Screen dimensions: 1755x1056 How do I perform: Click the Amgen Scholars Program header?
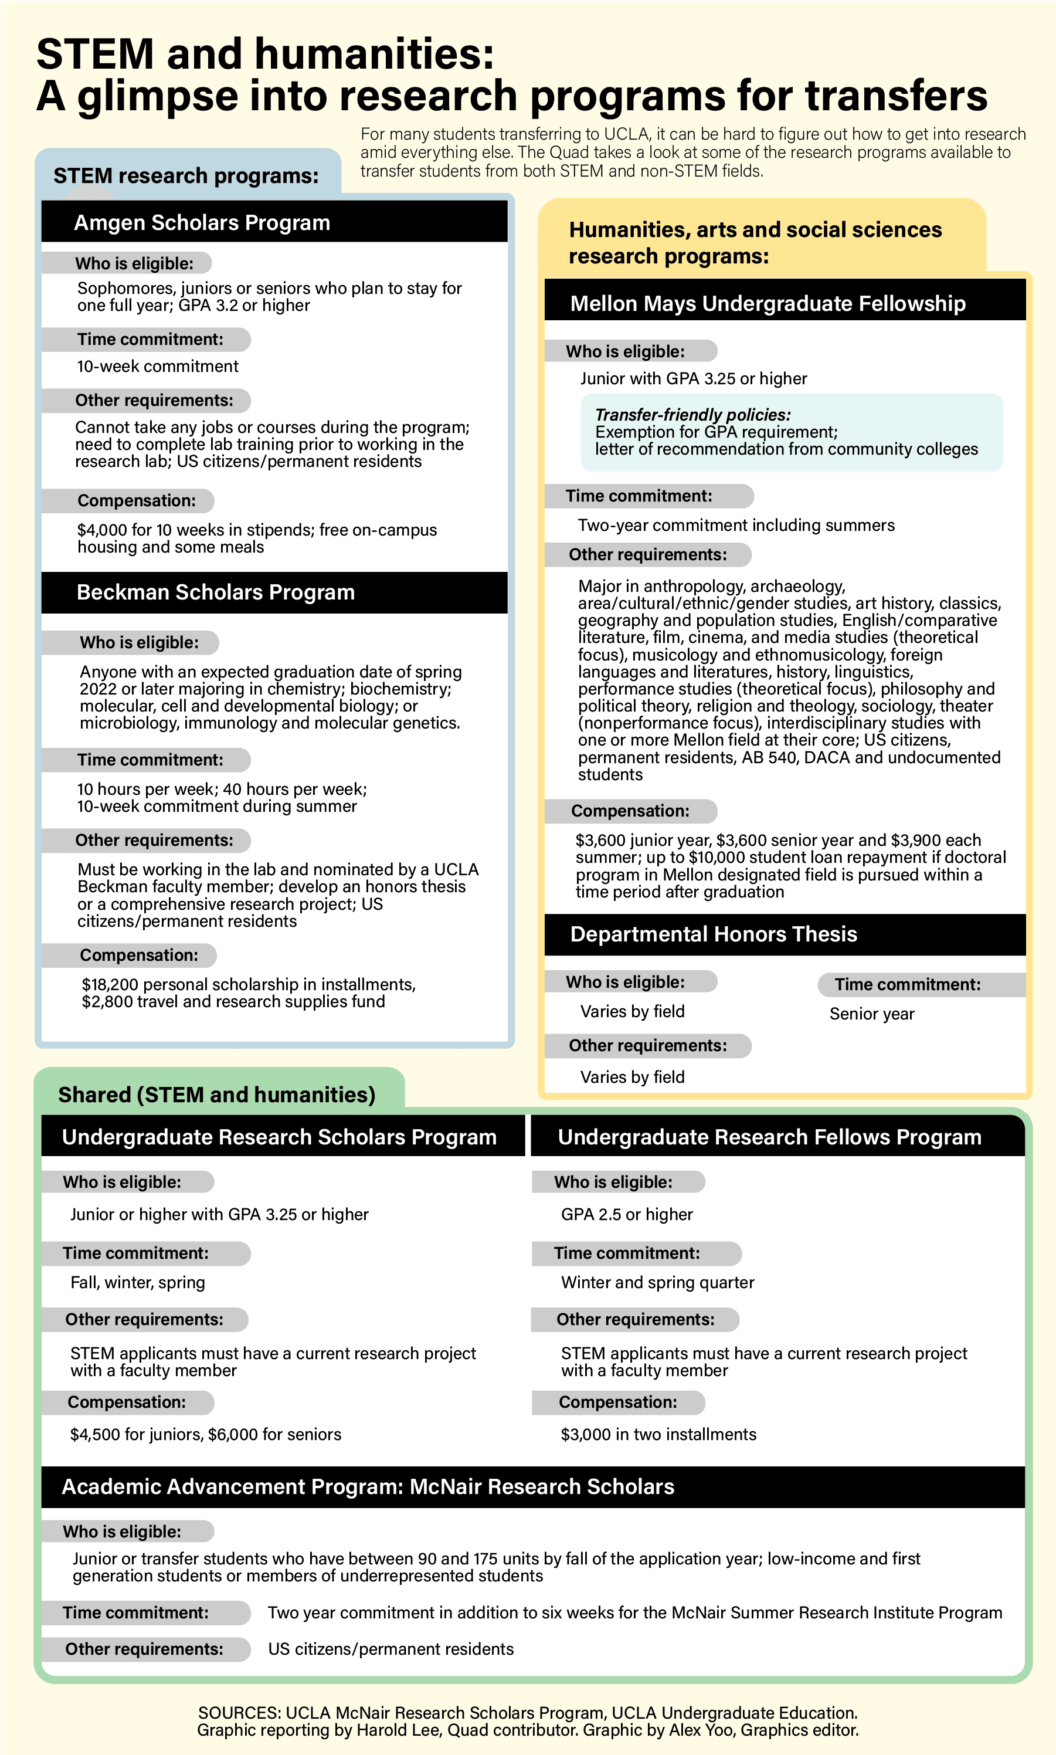pos(202,223)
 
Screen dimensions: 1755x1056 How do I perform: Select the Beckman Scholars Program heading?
pos(216,592)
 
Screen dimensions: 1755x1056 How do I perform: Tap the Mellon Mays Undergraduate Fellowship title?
pos(768,303)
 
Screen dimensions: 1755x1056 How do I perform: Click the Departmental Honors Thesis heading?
pos(714,934)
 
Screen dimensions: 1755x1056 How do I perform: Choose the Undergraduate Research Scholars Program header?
pos(279,1137)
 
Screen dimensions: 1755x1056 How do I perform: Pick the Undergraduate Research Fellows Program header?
pos(769,1137)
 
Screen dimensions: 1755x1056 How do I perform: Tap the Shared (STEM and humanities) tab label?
pos(216,1094)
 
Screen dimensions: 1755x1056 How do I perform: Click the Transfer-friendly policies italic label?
pos(692,414)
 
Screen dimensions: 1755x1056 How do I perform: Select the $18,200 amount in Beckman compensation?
pos(107,984)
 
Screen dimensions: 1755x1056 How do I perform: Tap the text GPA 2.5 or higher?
pos(626,1214)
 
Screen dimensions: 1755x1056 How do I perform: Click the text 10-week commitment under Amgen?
pos(157,366)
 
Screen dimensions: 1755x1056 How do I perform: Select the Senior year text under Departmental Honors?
pos(872,1014)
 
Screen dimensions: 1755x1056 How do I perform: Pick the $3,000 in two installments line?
pos(658,1434)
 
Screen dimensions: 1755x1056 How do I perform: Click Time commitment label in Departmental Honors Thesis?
pos(907,984)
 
